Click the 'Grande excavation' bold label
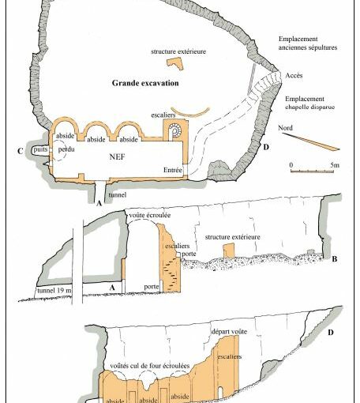pos(145,83)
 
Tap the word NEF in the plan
pos(117,156)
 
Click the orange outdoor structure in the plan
pos(174,62)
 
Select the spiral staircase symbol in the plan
pos(174,131)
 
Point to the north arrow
pos(310,141)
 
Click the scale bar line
pos(312,171)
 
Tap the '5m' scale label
pos(335,165)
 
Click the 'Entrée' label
pos(173,170)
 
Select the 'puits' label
pos(40,149)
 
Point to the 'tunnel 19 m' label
pos(54,291)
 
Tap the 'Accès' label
pos(294,76)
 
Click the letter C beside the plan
pos(20,151)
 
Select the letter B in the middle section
pos(334,259)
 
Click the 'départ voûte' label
pos(229,331)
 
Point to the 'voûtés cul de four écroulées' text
pos(150,366)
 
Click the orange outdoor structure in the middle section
pos(229,250)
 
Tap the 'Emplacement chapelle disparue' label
pos(310,103)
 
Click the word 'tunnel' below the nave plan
pos(118,194)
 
